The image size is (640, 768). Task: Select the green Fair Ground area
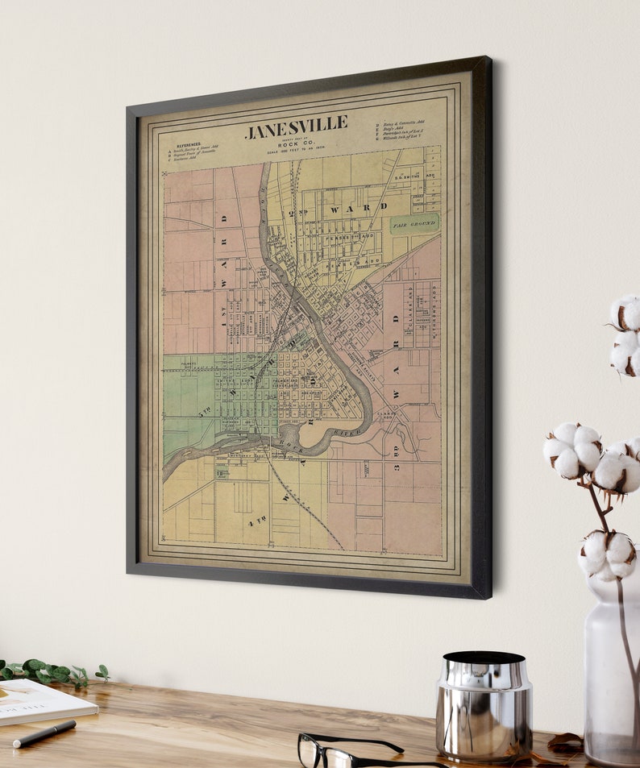tap(414, 223)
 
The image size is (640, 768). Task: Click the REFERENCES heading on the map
tap(188, 145)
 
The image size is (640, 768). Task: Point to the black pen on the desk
tap(44, 733)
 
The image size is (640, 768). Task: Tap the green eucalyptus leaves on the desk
tap(48, 671)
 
